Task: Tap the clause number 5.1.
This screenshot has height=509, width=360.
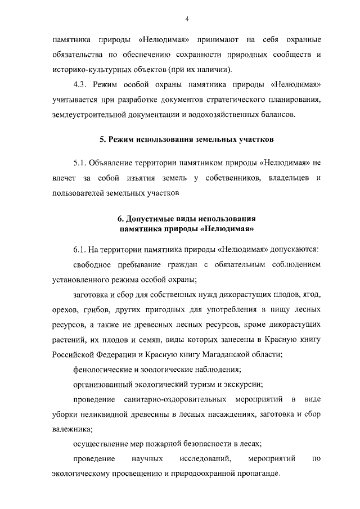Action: [x=82, y=163]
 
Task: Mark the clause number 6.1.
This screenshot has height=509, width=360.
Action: [x=82, y=249]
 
